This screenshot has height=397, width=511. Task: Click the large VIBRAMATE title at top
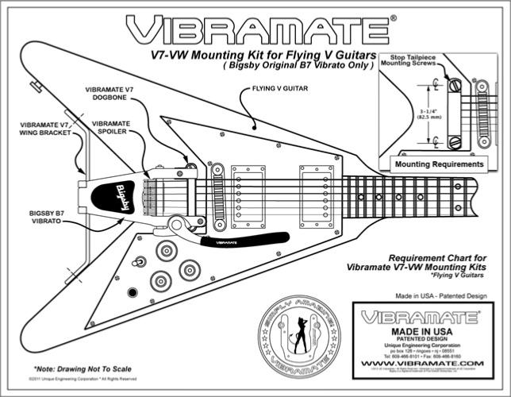coord(255,29)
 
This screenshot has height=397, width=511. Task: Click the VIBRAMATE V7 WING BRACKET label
coord(45,129)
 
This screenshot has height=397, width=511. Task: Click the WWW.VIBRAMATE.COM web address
coord(420,365)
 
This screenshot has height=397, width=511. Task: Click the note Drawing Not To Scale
coord(83,369)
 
